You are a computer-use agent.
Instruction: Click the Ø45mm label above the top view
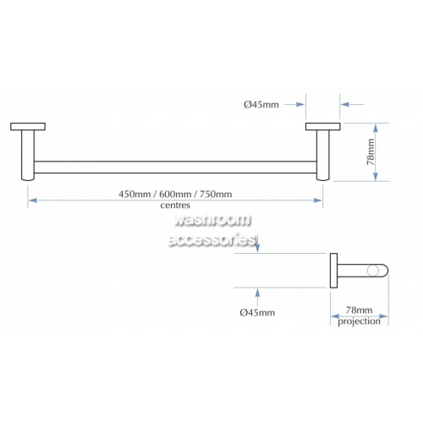coord(261,105)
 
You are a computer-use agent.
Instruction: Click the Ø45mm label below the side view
coord(257,312)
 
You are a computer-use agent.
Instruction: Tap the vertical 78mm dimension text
coord(371,152)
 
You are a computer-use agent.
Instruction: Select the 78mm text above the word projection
coord(359,310)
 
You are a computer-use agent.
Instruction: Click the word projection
coord(359,321)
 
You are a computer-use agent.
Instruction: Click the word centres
coord(175,206)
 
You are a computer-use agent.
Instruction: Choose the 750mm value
coord(216,194)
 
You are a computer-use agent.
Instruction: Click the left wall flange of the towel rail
coord(28,127)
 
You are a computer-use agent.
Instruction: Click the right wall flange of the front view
coord(323,127)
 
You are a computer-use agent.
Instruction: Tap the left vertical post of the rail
coord(28,155)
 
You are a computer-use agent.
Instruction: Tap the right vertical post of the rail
coord(323,155)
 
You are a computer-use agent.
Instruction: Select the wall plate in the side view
coord(333,271)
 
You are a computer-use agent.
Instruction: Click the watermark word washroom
coord(212,220)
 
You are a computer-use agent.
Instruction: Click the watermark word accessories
coord(212,240)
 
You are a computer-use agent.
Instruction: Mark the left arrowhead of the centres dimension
coord(33,201)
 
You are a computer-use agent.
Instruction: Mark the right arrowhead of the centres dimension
coord(318,201)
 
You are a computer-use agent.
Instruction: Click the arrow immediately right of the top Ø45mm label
coord(294,105)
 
